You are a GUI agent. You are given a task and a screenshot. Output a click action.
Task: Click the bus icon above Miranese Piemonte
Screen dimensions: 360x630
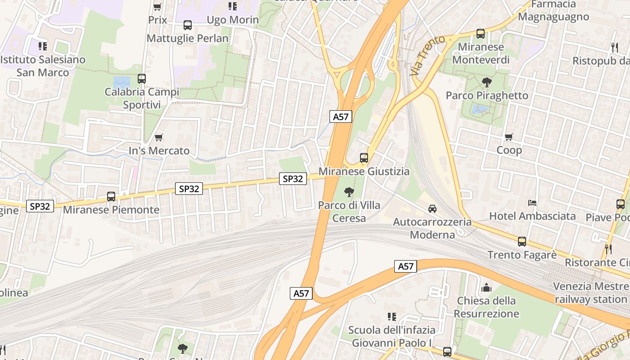[x=111, y=197]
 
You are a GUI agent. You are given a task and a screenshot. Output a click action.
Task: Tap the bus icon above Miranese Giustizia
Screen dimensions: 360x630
[x=364, y=158]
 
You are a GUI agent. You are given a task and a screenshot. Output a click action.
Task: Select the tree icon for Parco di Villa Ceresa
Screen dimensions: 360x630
[x=349, y=193]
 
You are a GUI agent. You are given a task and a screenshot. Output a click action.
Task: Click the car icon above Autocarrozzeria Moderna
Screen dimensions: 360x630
[x=432, y=209]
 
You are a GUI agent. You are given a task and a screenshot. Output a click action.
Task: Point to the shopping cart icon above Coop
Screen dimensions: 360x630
[x=509, y=137]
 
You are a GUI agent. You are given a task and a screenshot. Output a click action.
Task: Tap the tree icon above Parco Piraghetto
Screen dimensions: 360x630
[x=486, y=82]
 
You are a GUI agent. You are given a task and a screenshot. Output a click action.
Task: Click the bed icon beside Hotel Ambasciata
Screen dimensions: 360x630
[x=532, y=203]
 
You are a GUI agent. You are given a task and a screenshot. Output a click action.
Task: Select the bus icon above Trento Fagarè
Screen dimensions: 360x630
[x=522, y=242]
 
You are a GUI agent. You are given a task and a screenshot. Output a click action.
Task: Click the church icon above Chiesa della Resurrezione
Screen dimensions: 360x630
[x=486, y=288]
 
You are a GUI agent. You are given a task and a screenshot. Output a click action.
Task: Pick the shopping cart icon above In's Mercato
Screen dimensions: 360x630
[x=158, y=137]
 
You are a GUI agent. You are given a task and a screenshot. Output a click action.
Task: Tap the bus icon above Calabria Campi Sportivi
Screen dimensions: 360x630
[x=142, y=79]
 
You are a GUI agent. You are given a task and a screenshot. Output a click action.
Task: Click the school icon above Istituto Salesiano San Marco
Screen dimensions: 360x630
[x=43, y=46]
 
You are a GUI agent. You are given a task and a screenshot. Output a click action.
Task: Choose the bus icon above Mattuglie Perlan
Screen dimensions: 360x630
[x=188, y=25]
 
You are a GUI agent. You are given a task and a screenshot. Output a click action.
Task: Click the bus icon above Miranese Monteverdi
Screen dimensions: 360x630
[x=481, y=34]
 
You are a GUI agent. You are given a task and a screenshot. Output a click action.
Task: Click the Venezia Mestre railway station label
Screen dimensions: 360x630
[x=591, y=292]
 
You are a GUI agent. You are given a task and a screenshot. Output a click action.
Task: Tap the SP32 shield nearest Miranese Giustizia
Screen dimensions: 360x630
[x=293, y=179]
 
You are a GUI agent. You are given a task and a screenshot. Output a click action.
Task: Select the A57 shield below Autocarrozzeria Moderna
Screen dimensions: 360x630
[x=405, y=266]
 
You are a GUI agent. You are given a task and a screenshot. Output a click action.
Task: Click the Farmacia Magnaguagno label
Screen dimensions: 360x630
[x=553, y=11]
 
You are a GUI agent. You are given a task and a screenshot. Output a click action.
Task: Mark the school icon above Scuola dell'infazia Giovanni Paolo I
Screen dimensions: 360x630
[x=392, y=316]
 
